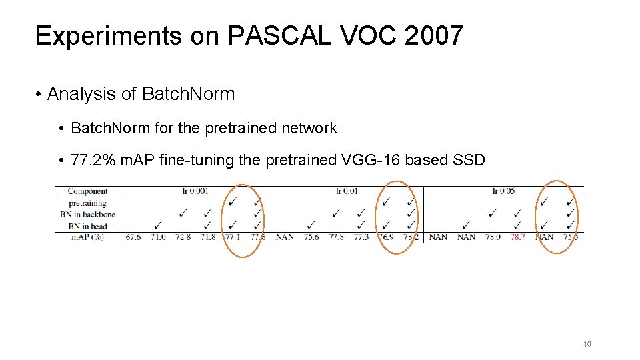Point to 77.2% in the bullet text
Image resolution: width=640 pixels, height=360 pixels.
pyautogui.click(x=96, y=161)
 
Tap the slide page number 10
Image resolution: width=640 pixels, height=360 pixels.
pyautogui.click(x=587, y=344)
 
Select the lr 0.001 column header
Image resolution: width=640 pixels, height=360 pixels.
pyautogui.click(x=195, y=191)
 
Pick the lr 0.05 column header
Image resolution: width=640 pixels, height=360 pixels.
pyautogui.click(x=503, y=191)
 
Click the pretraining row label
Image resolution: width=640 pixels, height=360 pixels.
pyautogui.click(x=87, y=203)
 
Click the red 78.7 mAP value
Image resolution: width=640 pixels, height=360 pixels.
pyautogui.click(x=518, y=237)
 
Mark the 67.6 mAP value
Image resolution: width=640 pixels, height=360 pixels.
pyautogui.click(x=133, y=237)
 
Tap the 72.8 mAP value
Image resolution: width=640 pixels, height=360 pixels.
pyautogui.click(x=183, y=237)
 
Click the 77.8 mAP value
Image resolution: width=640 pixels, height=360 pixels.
pyautogui.click(x=336, y=237)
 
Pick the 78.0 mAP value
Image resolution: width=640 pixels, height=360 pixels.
pyautogui.click(x=493, y=237)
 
